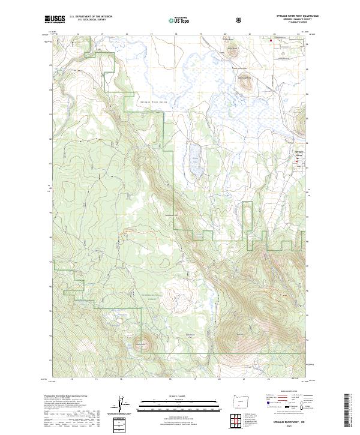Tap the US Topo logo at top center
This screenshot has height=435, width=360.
179,20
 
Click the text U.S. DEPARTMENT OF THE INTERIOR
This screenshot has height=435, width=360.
91,18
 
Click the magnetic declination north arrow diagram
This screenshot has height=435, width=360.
127,406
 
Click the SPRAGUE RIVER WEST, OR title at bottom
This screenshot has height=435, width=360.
290,422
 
